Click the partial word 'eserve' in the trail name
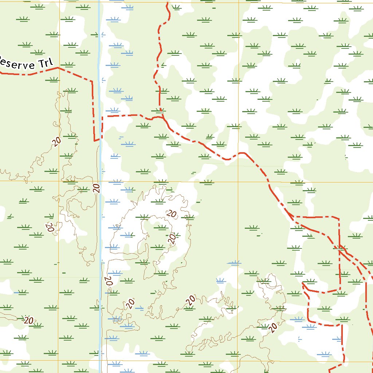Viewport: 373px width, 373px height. tap(15, 63)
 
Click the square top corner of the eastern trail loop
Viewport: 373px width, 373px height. tap(339, 219)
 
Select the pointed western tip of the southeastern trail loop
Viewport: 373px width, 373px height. tap(303, 283)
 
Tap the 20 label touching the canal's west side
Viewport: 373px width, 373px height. tap(96, 188)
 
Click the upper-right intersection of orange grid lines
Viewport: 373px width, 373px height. tap(239, 181)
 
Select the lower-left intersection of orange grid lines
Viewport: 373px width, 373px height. tap(59, 361)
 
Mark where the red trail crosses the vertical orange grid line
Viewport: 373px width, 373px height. tap(239, 153)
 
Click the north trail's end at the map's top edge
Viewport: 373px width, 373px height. tap(167, 2)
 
